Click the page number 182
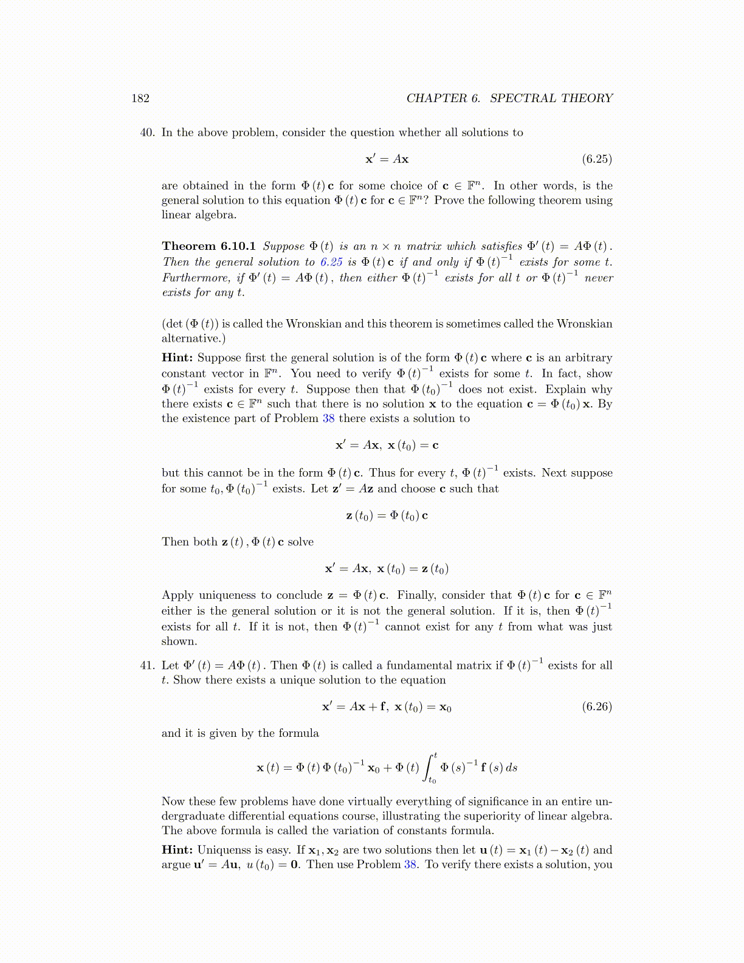pyautogui.click(x=140, y=98)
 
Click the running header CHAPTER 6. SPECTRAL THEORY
pyautogui.click(x=509, y=98)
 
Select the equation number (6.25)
pyautogui.click(x=596, y=159)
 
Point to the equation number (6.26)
pyautogui.click(x=596, y=706)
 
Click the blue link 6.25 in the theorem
pyautogui.click(x=331, y=262)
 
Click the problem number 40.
pyautogui.click(x=148, y=133)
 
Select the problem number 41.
pyautogui.click(x=148, y=665)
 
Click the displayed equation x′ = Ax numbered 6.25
pyautogui.click(x=387, y=159)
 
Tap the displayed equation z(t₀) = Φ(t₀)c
pyautogui.click(x=387, y=516)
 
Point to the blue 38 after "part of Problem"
pyautogui.click(x=329, y=418)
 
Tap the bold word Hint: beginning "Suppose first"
pyautogui.click(x=177, y=357)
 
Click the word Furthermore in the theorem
pyautogui.click(x=196, y=278)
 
